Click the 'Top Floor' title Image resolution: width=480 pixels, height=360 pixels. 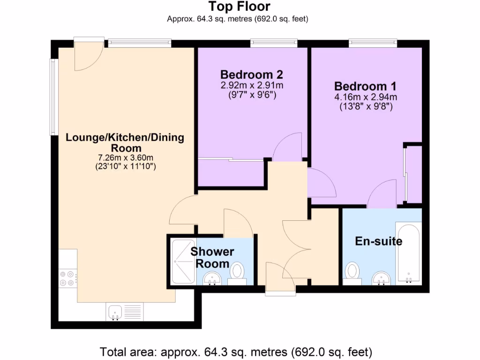pos(239,7)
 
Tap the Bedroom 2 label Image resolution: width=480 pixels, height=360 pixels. pos(252,75)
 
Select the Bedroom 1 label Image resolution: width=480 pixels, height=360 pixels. pos(365,86)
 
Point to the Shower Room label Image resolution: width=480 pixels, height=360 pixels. pos(212,257)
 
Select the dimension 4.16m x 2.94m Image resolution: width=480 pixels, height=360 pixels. pos(365,97)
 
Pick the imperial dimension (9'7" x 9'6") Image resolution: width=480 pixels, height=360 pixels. pos(252,95)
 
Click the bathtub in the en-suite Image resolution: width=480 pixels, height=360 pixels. pos(409,253)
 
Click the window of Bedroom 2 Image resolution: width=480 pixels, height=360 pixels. pos(274,44)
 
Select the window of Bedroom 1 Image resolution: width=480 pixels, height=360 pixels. pos(373,44)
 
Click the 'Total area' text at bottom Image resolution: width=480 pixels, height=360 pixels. pos(236,351)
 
